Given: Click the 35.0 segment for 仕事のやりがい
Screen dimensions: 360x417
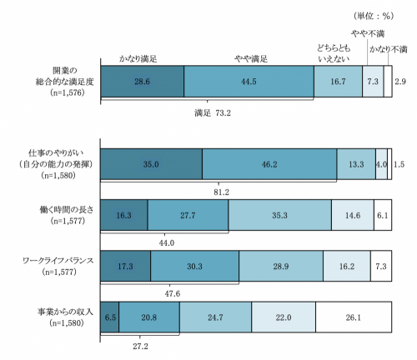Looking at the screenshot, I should (x=151, y=165).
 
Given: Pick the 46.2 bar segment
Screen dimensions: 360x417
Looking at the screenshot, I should (x=269, y=165).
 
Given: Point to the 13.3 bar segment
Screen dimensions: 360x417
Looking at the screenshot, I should (x=356, y=165).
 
